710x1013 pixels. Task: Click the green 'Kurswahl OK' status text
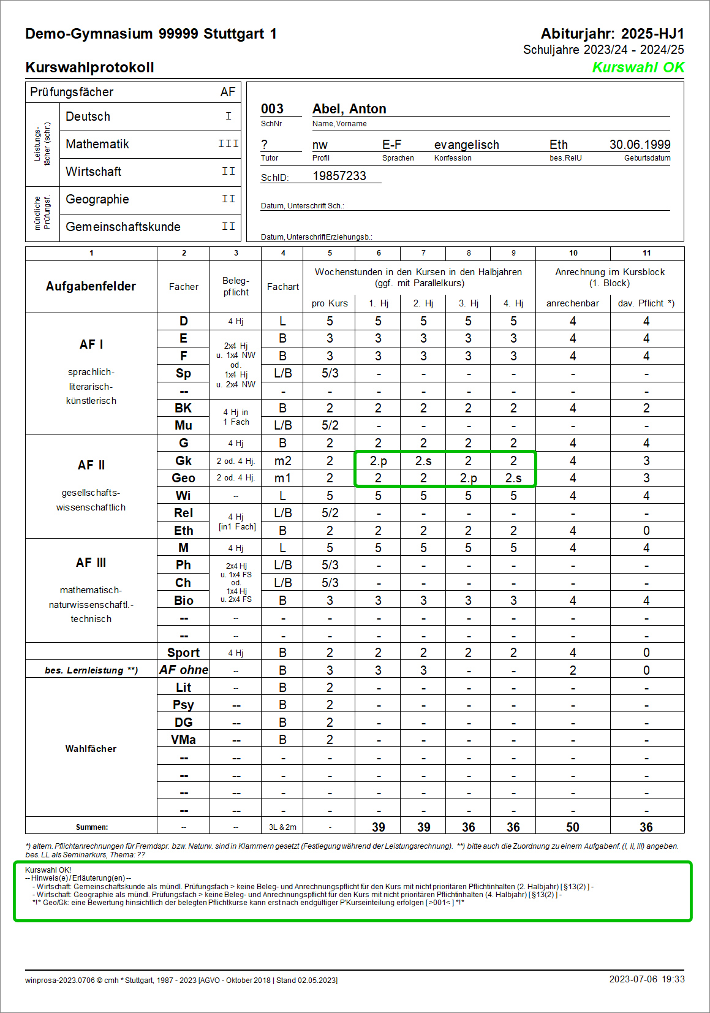tap(638, 67)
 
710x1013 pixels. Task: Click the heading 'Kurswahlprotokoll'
tap(89, 67)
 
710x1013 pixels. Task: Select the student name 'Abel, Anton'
tap(349, 109)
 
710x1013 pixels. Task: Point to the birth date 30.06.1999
tap(640, 145)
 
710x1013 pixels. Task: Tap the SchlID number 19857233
tap(339, 176)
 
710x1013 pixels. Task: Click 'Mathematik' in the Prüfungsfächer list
tap(97, 144)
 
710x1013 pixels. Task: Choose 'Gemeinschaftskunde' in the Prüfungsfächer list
tap(123, 227)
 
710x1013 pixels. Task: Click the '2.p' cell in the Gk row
tap(378, 461)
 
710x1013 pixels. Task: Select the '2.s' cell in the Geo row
tap(513, 478)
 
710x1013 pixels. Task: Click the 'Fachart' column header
tap(282, 286)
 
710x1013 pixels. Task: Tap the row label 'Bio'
tap(183, 601)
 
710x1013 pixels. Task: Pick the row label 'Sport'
tap(183, 653)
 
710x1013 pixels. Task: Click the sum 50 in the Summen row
tap(572, 827)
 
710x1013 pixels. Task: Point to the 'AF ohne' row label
tap(183, 670)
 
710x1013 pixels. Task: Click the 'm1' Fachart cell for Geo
tap(282, 478)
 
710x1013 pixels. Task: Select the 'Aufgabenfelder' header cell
tap(91, 286)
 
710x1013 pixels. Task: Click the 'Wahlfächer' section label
tap(91, 749)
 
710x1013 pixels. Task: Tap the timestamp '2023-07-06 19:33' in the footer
tap(646, 979)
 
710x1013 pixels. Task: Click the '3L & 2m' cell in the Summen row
tap(282, 827)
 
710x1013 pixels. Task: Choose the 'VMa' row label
tap(183, 740)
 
